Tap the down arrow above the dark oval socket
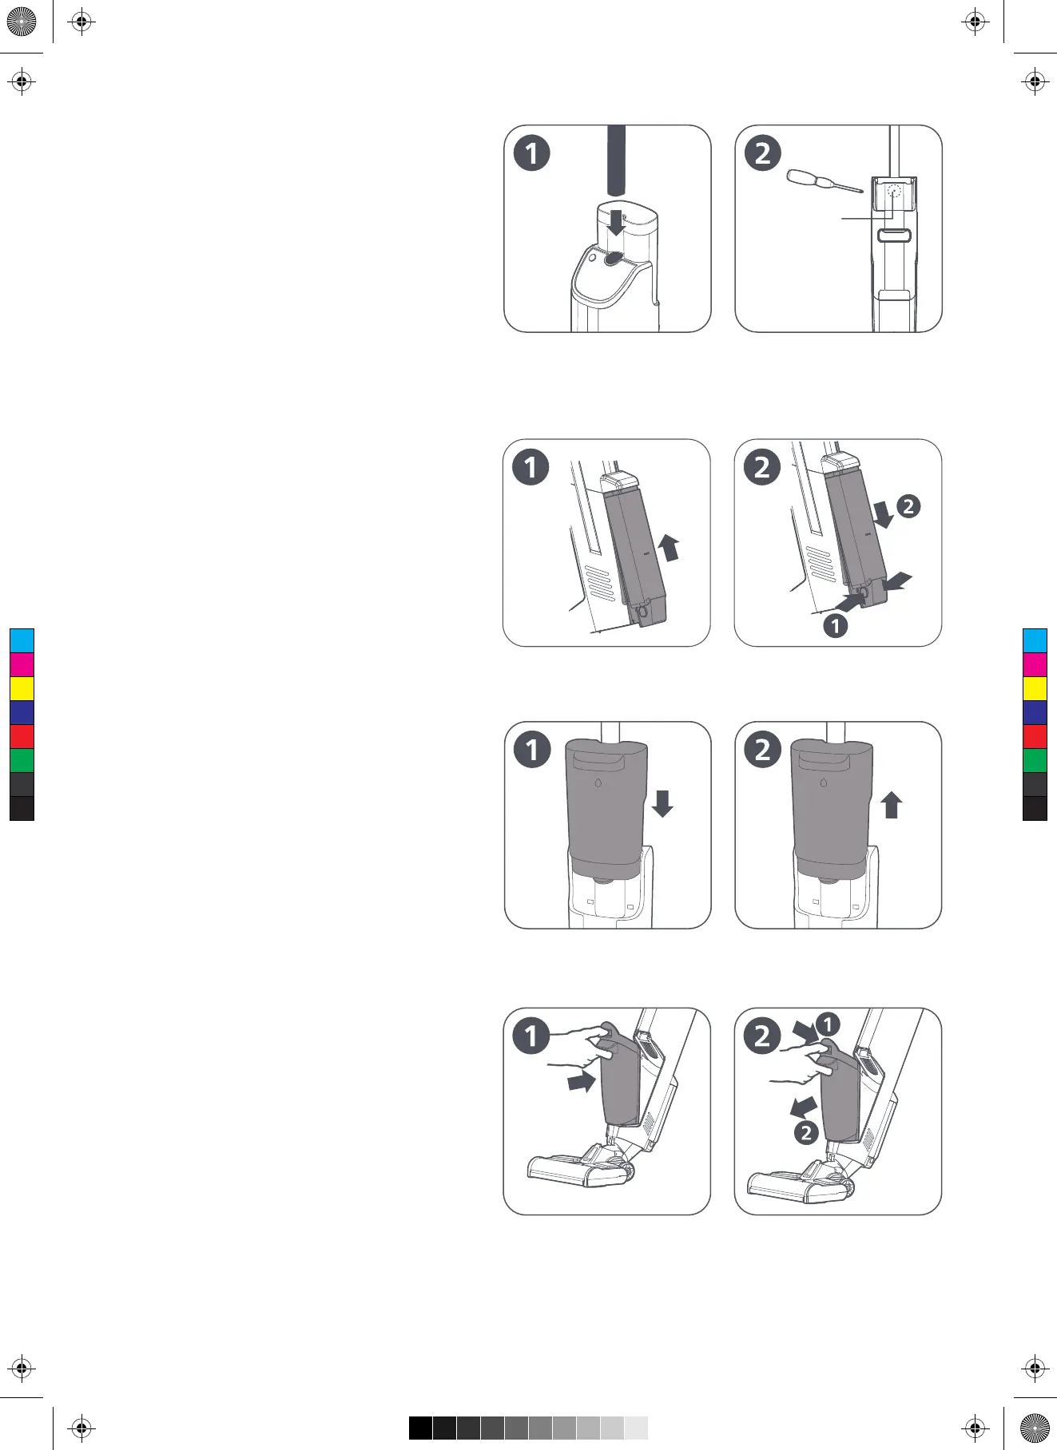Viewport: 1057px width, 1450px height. click(x=615, y=224)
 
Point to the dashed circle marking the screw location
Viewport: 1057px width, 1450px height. click(x=895, y=192)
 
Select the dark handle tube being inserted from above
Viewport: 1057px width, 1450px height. click(x=615, y=160)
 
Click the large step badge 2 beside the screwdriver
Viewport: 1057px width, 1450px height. click(x=763, y=153)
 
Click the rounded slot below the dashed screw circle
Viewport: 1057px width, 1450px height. click(x=895, y=235)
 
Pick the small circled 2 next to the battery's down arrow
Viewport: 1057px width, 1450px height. click(x=908, y=506)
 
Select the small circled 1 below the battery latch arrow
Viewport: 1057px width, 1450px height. click(x=836, y=625)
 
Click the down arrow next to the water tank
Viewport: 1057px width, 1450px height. click(x=662, y=802)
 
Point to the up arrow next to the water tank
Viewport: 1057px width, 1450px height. click(x=892, y=805)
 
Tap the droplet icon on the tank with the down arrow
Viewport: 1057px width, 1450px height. click(x=598, y=783)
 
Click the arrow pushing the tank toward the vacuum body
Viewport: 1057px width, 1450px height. click(x=581, y=1082)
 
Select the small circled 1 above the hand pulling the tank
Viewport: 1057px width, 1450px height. click(x=829, y=1024)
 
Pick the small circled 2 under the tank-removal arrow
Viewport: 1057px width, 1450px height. click(x=806, y=1132)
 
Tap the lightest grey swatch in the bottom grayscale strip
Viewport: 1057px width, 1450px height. click(x=636, y=1428)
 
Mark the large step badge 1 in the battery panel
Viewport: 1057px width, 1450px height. click(x=531, y=467)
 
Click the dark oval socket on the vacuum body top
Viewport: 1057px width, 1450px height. click(x=614, y=258)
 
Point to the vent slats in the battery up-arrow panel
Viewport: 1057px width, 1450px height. click(x=600, y=583)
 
